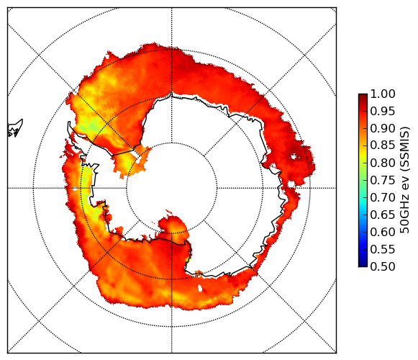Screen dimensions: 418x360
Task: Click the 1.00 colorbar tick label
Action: click(383, 94)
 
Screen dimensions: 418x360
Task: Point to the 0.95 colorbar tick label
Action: click(383, 112)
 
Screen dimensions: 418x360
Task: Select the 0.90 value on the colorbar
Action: click(383, 128)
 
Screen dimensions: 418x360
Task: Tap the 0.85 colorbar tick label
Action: click(383, 145)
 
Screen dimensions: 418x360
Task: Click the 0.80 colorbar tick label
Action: click(383, 163)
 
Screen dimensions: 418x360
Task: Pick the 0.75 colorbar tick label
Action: click(383, 180)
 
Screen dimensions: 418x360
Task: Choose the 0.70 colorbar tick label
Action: click(383, 197)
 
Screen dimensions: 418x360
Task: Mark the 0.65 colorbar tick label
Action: click(383, 215)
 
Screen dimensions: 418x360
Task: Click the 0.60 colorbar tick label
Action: click(383, 232)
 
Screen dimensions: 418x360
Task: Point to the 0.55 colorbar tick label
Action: click(383, 249)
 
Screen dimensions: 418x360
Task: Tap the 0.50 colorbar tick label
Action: click(383, 266)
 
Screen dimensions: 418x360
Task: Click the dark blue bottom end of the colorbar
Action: click(363, 265)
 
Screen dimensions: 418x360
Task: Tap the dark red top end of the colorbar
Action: click(363, 96)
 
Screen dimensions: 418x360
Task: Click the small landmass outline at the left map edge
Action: click(15, 128)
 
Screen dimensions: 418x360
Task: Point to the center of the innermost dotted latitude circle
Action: click(172, 188)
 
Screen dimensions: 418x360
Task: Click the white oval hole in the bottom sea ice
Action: click(200, 288)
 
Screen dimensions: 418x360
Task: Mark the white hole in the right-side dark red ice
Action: click(294, 156)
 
